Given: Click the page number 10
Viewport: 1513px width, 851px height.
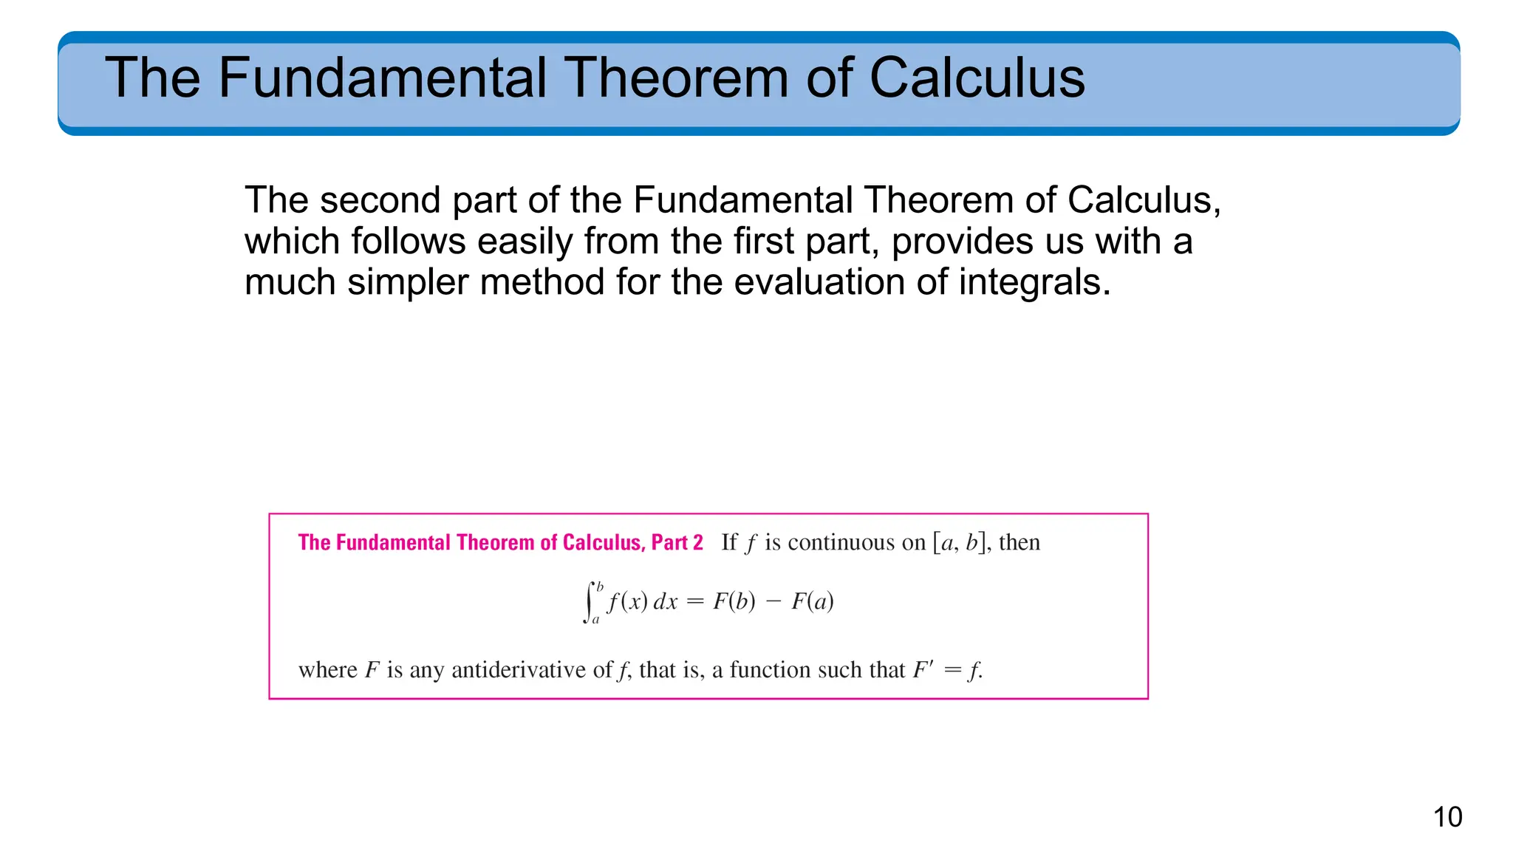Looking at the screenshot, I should click(x=1447, y=817).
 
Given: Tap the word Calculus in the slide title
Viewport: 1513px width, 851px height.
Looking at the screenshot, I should click(x=977, y=78).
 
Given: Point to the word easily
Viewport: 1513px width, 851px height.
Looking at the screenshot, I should click(x=524, y=242).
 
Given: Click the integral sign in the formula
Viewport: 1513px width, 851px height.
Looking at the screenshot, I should click(x=590, y=602).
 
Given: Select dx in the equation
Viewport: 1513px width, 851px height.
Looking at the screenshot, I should click(x=665, y=602).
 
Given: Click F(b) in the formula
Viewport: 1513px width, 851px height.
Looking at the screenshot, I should click(x=734, y=602).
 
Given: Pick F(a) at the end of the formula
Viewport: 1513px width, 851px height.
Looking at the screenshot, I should click(x=813, y=602).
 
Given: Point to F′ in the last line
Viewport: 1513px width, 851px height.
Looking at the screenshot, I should click(x=923, y=670).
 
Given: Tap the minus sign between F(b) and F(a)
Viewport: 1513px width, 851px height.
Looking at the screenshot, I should click(x=773, y=602).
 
